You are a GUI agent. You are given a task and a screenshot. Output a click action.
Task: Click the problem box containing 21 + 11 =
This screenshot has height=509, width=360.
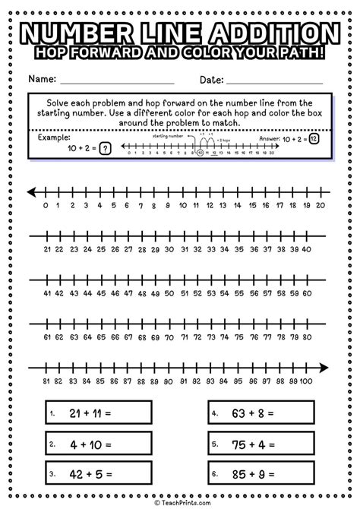point(98,414)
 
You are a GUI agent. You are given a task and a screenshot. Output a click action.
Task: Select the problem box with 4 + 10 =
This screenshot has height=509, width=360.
point(98,444)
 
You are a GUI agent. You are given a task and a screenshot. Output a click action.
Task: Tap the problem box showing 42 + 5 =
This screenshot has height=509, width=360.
point(98,474)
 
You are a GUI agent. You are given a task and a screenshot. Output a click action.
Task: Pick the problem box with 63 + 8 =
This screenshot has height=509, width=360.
point(261,414)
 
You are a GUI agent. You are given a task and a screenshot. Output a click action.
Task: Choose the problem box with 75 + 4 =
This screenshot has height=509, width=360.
point(261,444)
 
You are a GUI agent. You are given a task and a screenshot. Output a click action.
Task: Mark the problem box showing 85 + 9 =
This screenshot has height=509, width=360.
point(261,474)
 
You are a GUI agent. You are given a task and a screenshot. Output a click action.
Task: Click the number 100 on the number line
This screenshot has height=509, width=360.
point(306,381)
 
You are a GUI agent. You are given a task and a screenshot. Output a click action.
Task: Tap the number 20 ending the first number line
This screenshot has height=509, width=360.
point(320,205)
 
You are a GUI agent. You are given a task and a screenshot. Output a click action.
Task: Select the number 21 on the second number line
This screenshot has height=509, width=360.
point(47,248)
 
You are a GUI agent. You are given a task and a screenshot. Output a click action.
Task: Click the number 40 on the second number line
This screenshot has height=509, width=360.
point(306,248)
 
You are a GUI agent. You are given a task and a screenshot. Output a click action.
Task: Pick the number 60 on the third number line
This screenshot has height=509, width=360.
point(306,293)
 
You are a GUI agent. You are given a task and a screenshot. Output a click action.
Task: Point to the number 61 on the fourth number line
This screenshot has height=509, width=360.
point(47,337)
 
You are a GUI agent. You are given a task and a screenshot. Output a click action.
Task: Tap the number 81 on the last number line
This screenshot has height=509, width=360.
point(47,381)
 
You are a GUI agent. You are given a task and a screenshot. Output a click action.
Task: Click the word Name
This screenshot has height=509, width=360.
point(43,79)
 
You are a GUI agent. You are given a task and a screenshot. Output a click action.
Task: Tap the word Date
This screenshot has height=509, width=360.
point(211,79)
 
